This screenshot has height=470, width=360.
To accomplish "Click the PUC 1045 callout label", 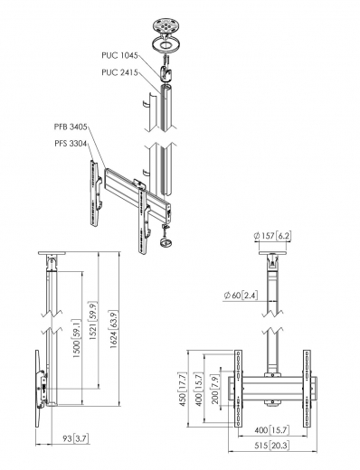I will point(119,55).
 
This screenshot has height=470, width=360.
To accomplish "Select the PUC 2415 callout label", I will point(119,71).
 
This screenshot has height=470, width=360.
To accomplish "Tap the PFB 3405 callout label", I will point(71,127).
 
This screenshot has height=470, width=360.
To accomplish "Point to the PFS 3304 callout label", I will point(71,142).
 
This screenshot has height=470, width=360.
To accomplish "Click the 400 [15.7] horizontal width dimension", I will point(270,432).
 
